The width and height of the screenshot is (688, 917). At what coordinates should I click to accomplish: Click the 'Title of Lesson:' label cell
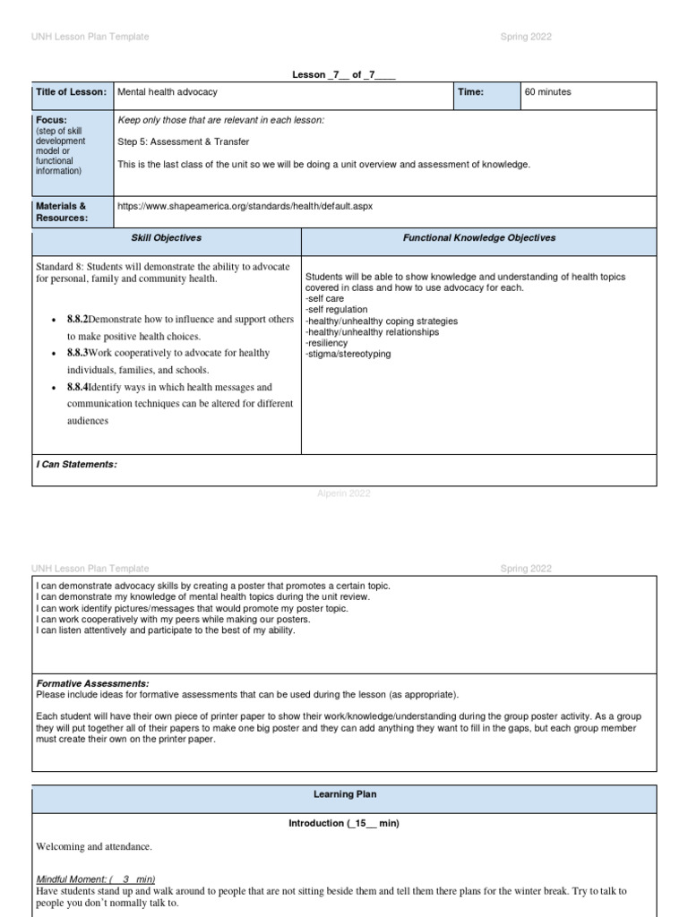(72, 92)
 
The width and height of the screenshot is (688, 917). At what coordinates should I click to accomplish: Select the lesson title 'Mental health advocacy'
(168, 92)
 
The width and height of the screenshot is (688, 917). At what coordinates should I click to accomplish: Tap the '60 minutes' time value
(547, 92)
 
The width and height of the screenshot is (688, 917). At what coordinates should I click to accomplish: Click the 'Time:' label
(470, 92)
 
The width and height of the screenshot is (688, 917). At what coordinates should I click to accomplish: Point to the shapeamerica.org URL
(245, 206)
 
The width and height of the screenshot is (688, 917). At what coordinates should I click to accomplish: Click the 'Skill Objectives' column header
(167, 238)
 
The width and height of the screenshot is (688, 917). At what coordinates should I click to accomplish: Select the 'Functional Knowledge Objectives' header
(479, 238)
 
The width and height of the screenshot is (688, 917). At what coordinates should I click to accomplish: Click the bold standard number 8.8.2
(77, 319)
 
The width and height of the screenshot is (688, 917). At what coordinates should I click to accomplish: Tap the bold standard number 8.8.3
(77, 353)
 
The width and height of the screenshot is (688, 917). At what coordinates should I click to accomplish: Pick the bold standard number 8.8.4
(77, 388)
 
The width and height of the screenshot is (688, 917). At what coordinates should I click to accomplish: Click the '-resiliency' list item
(326, 343)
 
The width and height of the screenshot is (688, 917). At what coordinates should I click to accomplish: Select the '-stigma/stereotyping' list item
(348, 354)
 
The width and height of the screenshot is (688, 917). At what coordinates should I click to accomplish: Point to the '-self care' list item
(324, 299)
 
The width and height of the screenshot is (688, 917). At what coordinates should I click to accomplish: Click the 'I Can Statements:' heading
(76, 464)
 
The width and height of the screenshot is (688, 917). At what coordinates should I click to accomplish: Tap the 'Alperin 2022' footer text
(344, 493)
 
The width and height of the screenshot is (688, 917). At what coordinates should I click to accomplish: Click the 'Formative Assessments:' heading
(92, 683)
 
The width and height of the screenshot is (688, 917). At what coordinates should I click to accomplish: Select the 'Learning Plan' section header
(344, 794)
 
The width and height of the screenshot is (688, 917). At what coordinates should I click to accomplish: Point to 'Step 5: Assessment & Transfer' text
(184, 141)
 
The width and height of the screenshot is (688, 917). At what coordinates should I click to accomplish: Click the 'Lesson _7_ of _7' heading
(344, 75)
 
